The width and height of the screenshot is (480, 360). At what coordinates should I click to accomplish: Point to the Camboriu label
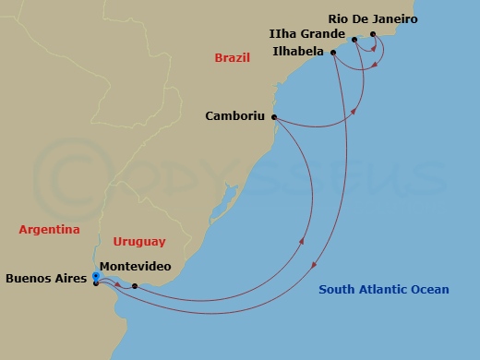tap(234, 117)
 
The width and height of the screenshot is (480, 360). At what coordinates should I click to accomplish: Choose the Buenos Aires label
tap(46, 277)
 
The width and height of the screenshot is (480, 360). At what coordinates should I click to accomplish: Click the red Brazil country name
tap(233, 58)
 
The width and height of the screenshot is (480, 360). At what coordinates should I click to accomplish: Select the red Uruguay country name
tap(139, 242)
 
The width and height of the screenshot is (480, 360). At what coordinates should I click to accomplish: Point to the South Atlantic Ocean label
tap(384, 290)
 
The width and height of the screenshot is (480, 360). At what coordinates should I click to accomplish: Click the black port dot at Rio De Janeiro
tap(373, 35)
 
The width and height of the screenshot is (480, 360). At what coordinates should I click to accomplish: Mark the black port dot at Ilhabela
tap(334, 53)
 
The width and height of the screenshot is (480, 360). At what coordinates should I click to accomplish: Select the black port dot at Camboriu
tap(275, 117)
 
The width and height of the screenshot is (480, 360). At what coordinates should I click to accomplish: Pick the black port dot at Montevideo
tap(135, 285)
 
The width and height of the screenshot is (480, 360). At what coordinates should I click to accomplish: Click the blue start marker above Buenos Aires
tap(95, 273)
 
